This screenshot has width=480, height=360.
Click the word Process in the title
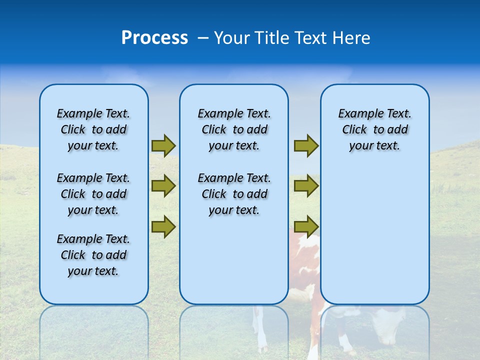click(x=154, y=38)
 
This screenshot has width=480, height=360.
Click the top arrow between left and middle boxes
click(x=163, y=146)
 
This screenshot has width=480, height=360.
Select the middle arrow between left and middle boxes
click(x=163, y=186)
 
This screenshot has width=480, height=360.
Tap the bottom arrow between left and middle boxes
click(x=163, y=226)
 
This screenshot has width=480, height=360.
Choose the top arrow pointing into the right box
click(x=306, y=146)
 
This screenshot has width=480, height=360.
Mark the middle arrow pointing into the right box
click(x=306, y=186)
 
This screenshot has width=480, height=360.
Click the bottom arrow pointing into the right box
click(x=306, y=226)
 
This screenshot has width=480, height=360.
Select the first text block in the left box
click(x=93, y=129)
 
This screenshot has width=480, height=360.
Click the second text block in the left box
click(x=93, y=194)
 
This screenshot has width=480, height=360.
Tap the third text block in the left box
click(x=93, y=255)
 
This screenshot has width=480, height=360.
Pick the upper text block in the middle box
click(x=234, y=129)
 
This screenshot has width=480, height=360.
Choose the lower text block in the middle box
click(x=234, y=194)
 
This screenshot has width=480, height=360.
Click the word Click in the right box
click(x=354, y=130)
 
